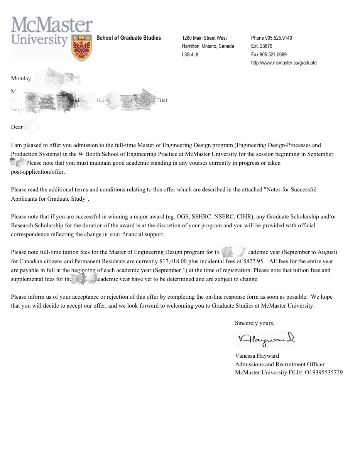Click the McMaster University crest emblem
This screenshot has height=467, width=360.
pyautogui.click(x=82, y=47)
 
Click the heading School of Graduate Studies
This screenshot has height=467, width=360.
pyautogui.click(x=128, y=38)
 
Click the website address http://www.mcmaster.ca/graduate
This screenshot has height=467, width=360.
pyautogui.click(x=284, y=63)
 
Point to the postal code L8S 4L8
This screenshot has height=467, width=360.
pyautogui.click(x=190, y=54)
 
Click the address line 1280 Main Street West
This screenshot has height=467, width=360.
pyautogui.click(x=204, y=38)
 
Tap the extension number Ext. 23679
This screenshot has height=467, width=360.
pyautogui.click(x=262, y=46)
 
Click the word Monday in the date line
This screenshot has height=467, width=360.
pyautogui.click(x=21, y=78)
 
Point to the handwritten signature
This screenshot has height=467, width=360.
pyautogui.click(x=265, y=339)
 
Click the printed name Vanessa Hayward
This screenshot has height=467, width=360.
pyautogui.click(x=257, y=355)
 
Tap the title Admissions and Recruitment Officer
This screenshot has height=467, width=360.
pyautogui.click(x=280, y=364)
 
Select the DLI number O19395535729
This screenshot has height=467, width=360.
pyautogui.click(x=323, y=372)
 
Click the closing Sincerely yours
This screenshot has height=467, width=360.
pyautogui.click(x=254, y=323)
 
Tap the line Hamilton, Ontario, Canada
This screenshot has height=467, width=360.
pyautogui.click(x=208, y=46)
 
